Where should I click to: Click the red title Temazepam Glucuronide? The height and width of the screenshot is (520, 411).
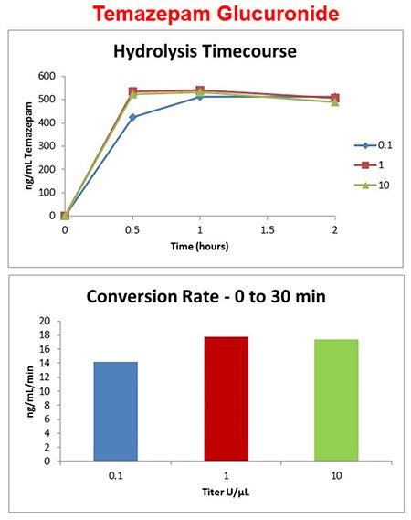pyautogui.click(x=205, y=15)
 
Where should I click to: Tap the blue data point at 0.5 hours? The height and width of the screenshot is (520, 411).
pyautogui.click(x=133, y=117)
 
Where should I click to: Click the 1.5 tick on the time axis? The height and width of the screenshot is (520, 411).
pyautogui.click(x=268, y=231)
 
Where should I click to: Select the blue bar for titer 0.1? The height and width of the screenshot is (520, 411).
pyautogui.click(x=116, y=411)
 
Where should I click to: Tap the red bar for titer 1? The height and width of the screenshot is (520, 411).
pyautogui.click(x=226, y=398)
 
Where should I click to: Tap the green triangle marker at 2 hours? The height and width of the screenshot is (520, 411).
pyautogui.click(x=334, y=101)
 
